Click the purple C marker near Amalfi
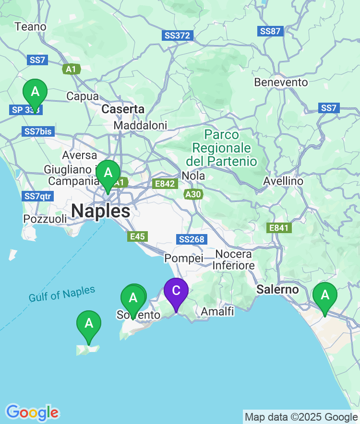point(176,292)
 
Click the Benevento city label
point(281,82)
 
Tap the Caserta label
point(123,109)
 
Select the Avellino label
point(283,181)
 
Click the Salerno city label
point(277,290)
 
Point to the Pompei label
point(184,259)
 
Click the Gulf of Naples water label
point(62,294)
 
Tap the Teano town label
point(31,27)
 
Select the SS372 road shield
point(178,35)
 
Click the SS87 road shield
point(271,31)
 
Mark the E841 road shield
point(279,228)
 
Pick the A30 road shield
point(193,194)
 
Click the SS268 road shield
point(192,239)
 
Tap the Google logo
point(32,412)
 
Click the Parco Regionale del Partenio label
point(221,148)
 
